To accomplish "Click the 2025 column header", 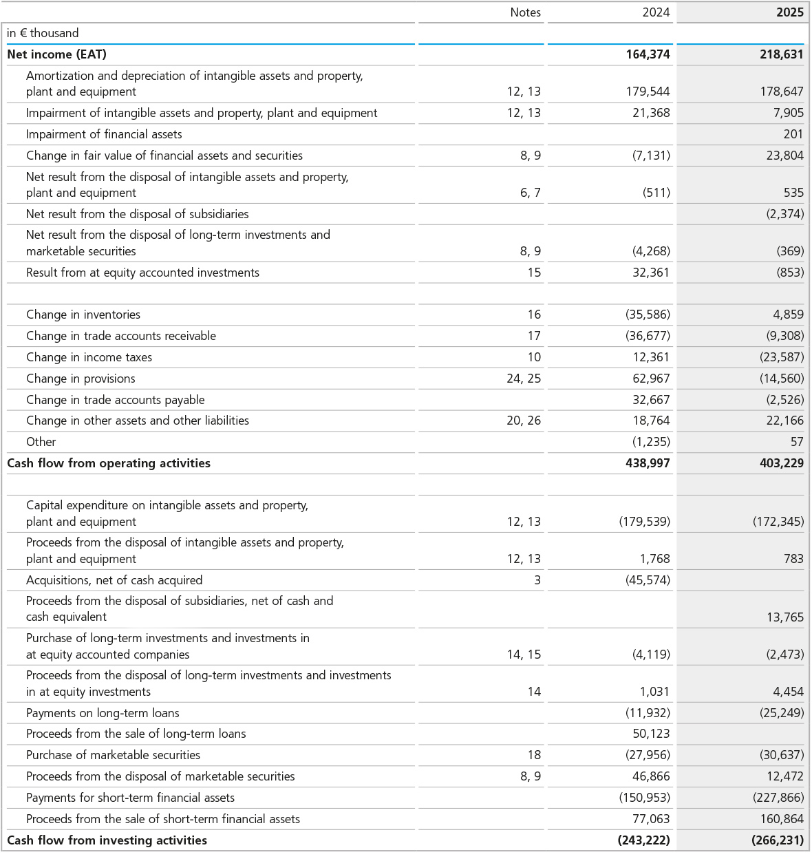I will [x=789, y=12].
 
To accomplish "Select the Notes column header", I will [x=525, y=12].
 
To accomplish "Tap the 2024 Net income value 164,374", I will [x=648, y=54].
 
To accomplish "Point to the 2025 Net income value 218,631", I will [x=781, y=54].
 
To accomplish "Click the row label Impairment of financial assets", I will [x=104, y=134].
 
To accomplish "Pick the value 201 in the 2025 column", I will [x=793, y=134].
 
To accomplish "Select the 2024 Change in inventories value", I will [x=648, y=315].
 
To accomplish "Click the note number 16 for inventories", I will [x=534, y=315].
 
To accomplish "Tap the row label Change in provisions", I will [x=81, y=379].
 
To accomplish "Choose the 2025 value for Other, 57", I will [x=796, y=442].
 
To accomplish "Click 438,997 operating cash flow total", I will [x=648, y=463].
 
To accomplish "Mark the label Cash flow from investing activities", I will [x=107, y=840].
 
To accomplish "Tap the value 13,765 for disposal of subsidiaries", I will [x=784, y=617].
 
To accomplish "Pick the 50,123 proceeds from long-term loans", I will [x=651, y=734].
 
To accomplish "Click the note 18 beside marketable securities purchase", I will [x=534, y=755].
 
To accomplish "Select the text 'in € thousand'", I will [x=43, y=33].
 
